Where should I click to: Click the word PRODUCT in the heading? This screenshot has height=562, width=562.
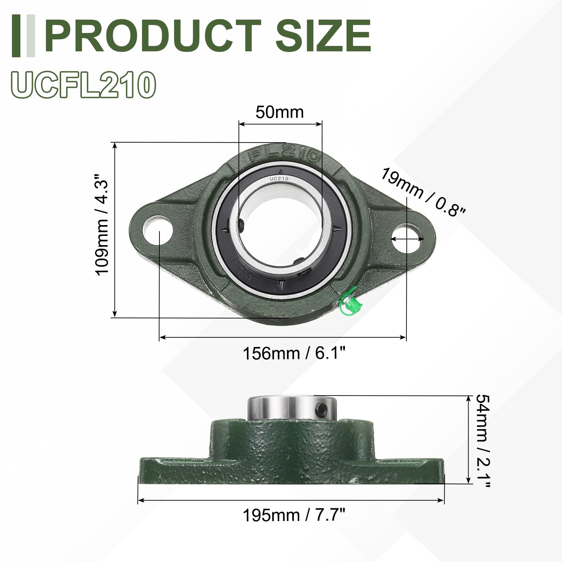(x=153, y=35)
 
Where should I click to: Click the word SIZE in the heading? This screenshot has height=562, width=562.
(x=324, y=35)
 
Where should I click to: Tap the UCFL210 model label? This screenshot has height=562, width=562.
(x=84, y=85)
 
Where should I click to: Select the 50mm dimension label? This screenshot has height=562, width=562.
(x=280, y=112)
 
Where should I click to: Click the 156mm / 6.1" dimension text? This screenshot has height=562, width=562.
(x=294, y=353)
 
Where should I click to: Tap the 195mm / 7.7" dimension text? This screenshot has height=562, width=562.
(x=294, y=515)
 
